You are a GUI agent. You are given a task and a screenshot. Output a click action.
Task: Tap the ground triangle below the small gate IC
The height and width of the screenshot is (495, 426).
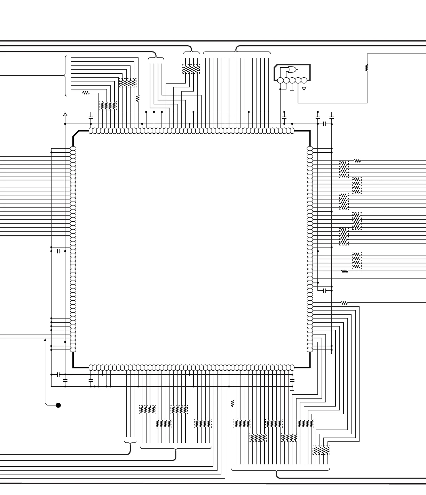click(x=304, y=89)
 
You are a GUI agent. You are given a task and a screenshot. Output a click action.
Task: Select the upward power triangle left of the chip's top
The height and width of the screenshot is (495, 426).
click(x=65, y=114)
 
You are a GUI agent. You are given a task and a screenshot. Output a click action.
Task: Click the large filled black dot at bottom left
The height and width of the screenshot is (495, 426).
click(x=58, y=405)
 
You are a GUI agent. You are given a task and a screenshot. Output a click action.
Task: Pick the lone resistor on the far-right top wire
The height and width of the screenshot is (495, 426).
click(x=366, y=68)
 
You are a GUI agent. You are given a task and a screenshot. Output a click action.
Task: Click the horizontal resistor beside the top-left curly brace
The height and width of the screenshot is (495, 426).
click(x=86, y=93)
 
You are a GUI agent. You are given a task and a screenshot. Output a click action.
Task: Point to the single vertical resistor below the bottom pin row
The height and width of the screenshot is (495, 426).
click(x=232, y=403)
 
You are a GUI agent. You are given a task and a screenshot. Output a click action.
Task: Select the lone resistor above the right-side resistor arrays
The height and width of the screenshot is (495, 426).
click(x=357, y=161)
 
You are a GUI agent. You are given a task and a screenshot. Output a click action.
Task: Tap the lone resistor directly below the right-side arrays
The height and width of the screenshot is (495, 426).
click(x=345, y=272)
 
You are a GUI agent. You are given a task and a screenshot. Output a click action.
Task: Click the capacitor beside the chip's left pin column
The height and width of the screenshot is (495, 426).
click(x=58, y=251)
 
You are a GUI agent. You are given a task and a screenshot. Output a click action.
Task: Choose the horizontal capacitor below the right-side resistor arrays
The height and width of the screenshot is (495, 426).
click(x=325, y=290)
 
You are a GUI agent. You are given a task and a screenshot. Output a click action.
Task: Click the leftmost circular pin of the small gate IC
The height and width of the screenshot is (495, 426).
click(x=281, y=81)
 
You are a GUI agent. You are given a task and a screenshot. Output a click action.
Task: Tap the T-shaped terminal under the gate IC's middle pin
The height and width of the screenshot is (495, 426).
click(x=292, y=89)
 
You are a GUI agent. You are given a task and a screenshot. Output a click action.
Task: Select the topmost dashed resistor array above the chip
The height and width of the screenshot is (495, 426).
click(x=191, y=69)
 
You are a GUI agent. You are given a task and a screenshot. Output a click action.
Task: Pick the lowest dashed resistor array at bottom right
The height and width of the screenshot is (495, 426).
click(x=321, y=450)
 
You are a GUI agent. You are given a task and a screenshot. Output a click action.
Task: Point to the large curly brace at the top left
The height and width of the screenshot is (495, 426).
click(x=65, y=76)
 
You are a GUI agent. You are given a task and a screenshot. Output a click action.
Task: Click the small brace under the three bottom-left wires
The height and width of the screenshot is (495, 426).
click(x=130, y=443)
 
